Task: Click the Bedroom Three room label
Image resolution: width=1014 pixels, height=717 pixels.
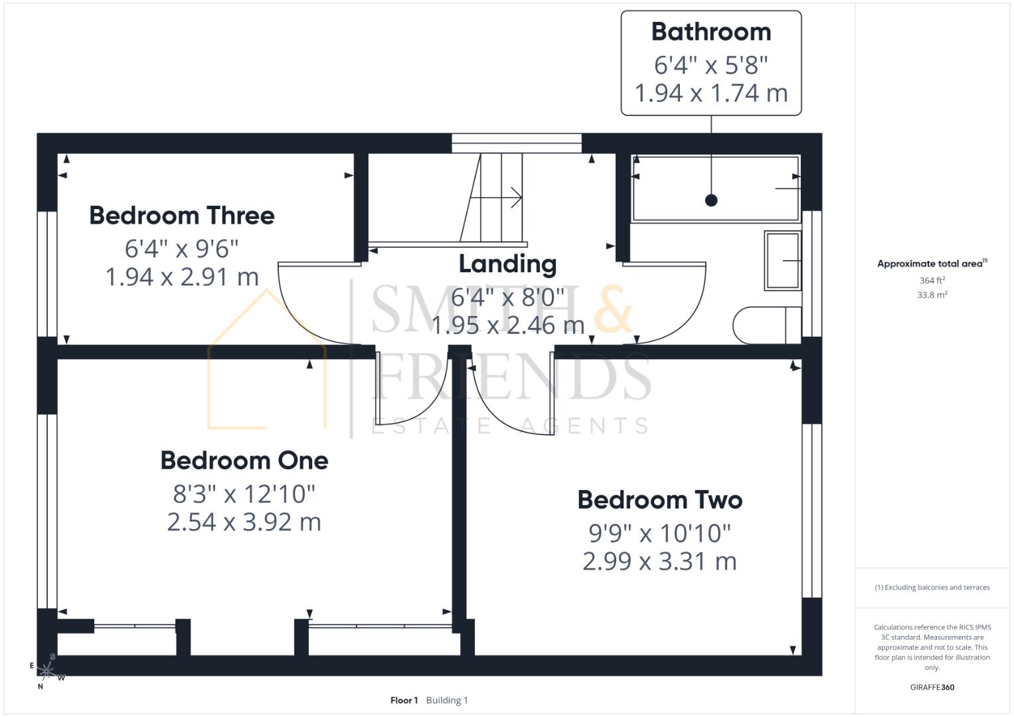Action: click(181, 216)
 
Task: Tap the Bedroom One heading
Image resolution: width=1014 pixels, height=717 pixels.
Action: click(244, 461)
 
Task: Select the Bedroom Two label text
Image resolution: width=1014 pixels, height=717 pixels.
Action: click(659, 500)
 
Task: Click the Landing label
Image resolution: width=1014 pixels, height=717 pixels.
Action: click(507, 264)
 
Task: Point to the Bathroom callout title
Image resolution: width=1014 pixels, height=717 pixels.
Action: click(711, 32)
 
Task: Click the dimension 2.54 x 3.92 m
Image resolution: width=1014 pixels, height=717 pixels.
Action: click(244, 522)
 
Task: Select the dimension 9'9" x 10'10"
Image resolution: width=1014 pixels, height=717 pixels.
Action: click(659, 533)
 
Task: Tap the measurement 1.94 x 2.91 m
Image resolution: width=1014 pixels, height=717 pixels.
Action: click(181, 277)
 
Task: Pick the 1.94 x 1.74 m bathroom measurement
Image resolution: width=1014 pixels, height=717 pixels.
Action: click(711, 93)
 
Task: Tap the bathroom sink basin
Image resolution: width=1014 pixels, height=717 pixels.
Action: click(782, 260)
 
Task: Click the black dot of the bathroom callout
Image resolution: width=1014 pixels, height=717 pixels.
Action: click(711, 200)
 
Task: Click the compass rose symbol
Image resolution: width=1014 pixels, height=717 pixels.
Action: click(46, 671)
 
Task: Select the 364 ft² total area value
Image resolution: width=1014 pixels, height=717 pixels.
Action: click(932, 281)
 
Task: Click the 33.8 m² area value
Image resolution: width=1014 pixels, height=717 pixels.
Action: click(932, 295)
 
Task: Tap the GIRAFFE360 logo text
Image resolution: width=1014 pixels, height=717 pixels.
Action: click(932, 687)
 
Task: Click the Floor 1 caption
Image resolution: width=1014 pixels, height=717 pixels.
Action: click(404, 700)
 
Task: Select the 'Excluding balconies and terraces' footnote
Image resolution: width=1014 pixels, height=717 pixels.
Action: click(932, 588)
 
